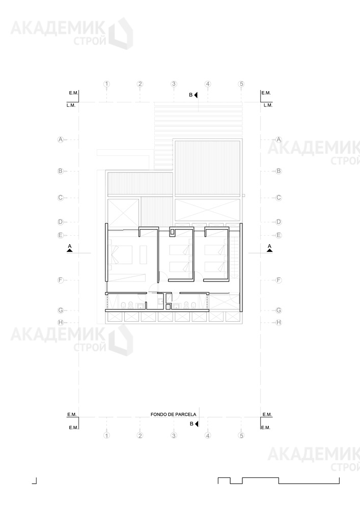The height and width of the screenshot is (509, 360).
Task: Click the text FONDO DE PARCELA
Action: coord(173,414)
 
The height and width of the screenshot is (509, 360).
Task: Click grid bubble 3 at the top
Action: coord(174,84)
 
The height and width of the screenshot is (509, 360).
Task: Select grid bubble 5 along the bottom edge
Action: coord(241,435)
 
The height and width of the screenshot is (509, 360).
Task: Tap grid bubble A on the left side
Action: coord(61,139)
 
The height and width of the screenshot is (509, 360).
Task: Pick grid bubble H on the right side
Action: coord(279,322)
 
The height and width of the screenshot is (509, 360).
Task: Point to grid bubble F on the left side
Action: coord(61,280)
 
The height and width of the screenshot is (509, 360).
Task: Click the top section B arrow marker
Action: coord(196,95)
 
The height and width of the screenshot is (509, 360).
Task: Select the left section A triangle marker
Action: coord(69,250)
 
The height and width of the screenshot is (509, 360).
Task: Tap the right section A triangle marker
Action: coord(269,250)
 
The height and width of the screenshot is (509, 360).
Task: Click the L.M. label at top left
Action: coord(71,105)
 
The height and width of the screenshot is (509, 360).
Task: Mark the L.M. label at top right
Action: coord(268,105)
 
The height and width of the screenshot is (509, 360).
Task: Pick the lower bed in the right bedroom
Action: coord(214,267)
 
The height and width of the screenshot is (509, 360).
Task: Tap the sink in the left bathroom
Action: coord(141,305)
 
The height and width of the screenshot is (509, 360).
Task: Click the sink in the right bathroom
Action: coord(177,305)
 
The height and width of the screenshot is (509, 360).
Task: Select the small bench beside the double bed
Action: coord(143,255)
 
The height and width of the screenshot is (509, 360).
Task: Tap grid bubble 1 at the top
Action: coord(106,84)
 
